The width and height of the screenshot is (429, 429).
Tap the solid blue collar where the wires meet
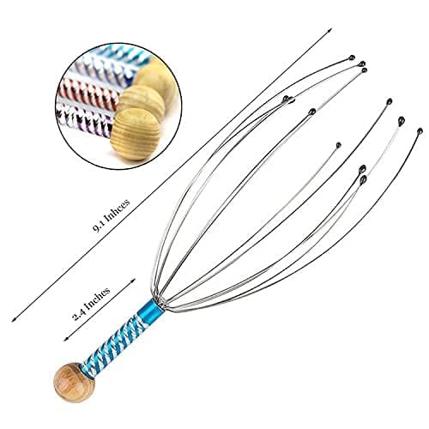tap(154, 308)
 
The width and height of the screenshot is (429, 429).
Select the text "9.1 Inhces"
tap(112, 214)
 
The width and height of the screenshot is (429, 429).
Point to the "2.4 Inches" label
tap(91, 304)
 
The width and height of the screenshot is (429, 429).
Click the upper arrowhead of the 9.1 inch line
tap(329, 30)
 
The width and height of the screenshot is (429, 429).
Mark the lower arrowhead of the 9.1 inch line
tap(14, 319)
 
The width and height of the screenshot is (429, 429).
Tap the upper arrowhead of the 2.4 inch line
tap(133, 281)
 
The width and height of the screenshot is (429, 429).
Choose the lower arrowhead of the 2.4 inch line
tap(66, 338)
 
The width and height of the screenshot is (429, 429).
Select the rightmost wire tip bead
tap(420, 131)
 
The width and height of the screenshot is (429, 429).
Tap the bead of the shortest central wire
tap(338, 145)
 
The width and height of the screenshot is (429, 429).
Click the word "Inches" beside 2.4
tap(98, 299)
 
